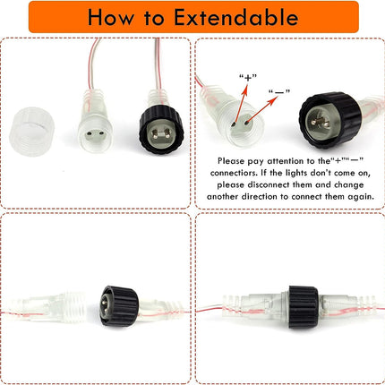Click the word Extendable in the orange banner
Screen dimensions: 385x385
click(x=235, y=17)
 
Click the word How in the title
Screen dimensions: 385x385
click(x=111, y=17)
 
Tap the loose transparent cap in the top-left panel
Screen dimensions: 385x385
click(x=31, y=132)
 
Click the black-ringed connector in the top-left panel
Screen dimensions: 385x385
click(x=161, y=129)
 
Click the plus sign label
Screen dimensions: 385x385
click(x=248, y=78)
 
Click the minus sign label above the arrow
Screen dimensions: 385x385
click(x=279, y=92)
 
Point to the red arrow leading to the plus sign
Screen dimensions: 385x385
click(x=242, y=104)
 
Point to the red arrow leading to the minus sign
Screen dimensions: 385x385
click(x=261, y=109)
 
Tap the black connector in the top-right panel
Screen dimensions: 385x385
click(x=330, y=120)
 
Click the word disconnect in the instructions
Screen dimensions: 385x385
click(x=269, y=185)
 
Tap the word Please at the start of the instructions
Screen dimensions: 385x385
click(x=231, y=161)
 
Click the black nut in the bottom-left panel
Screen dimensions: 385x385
click(x=119, y=306)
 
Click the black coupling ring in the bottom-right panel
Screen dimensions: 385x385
click(x=303, y=307)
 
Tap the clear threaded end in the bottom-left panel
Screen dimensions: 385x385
click(x=74, y=306)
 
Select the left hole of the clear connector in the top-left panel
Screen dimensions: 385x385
click(x=89, y=134)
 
